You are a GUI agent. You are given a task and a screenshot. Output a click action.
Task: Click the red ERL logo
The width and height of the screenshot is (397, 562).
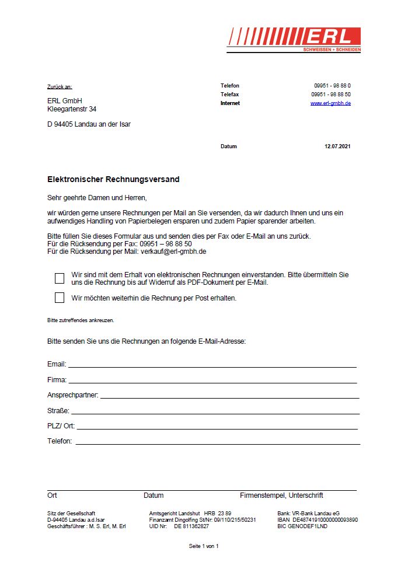(294, 39)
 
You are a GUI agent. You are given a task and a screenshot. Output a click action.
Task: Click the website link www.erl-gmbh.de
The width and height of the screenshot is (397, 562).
(330, 103)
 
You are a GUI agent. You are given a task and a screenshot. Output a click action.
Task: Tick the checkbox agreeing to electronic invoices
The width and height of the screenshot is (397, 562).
(60, 278)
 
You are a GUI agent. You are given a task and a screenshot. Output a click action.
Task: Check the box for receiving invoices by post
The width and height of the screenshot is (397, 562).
(60, 298)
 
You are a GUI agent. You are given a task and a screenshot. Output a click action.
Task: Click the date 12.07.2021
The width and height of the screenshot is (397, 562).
(337, 146)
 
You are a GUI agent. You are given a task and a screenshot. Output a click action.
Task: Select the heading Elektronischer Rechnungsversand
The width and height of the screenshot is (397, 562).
(113, 180)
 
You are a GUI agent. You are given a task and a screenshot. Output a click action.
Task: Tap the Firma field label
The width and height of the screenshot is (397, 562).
(57, 380)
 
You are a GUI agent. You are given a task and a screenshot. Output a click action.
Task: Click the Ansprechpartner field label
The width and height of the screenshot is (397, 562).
(73, 395)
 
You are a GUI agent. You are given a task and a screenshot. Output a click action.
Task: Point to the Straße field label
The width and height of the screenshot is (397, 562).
(58, 411)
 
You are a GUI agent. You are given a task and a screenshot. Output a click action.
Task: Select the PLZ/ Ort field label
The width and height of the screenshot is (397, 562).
(61, 426)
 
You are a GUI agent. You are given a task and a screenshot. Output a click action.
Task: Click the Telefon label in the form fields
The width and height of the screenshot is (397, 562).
(60, 441)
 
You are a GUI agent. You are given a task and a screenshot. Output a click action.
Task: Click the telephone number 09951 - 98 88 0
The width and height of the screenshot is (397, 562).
(332, 86)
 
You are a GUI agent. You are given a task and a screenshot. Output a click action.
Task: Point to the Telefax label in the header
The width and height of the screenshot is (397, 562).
(229, 95)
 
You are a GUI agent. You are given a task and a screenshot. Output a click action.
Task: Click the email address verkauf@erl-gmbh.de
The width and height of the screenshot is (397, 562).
(173, 252)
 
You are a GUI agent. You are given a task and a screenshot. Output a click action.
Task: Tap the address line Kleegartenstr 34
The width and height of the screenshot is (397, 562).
(72, 109)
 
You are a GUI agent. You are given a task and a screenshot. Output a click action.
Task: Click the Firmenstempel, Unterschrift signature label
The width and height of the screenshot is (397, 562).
(281, 495)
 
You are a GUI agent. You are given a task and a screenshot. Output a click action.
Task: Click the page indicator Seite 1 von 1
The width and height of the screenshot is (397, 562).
(203, 546)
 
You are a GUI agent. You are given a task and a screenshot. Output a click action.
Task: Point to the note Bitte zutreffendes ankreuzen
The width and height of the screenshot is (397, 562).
(81, 320)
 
